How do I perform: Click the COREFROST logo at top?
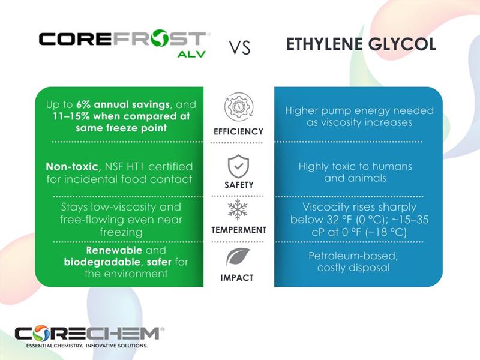tap(123, 40)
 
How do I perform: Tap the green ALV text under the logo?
tap(191, 54)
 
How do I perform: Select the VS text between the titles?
tap(239, 49)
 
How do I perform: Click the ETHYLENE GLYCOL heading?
tap(361, 45)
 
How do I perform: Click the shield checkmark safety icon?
tap(238, 166)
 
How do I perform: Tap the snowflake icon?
tap(238, 210)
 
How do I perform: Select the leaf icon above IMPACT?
tap(238, 257)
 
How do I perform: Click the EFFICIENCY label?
tap(238, 131)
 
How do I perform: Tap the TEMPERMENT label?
tap(238, 230)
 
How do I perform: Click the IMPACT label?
tap(238, 278)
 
